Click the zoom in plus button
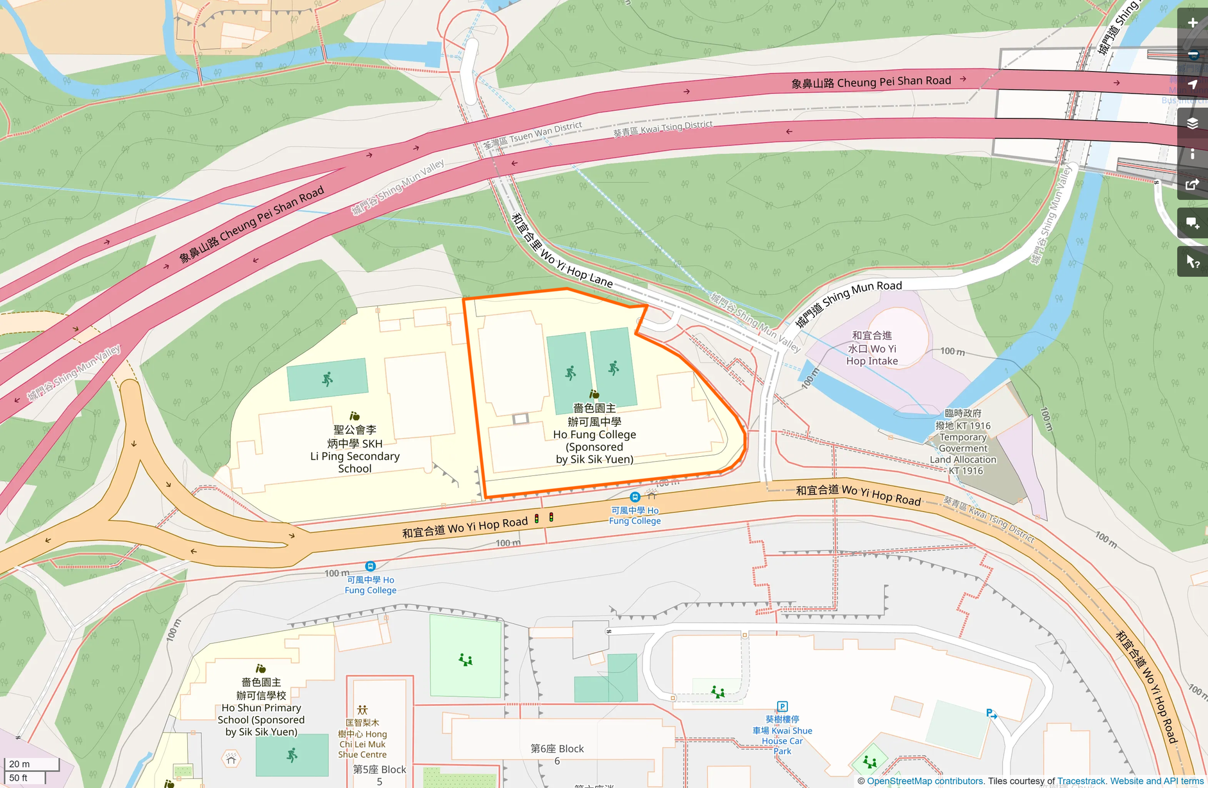click(1192, 23)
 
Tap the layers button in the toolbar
click(1192, 123)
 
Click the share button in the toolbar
click(1192, 185)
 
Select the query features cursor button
click(1192, 261)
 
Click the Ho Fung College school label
click(594, 434)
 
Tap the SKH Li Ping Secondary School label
click(355, 449)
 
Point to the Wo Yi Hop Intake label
click(872, 349)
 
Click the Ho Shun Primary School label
click(261, 707)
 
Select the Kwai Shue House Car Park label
click(782, 735)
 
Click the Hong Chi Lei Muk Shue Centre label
click(362, 739)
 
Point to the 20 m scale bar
click(31, 764)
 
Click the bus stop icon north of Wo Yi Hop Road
click(635, 497)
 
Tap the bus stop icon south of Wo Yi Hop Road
click(370, 566)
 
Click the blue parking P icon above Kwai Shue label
click(782, 707)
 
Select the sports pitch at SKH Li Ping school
click(327, 379)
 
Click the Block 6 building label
click(557, 754)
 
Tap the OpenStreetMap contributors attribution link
click(925, 781)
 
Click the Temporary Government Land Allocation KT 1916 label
click(963, 442)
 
